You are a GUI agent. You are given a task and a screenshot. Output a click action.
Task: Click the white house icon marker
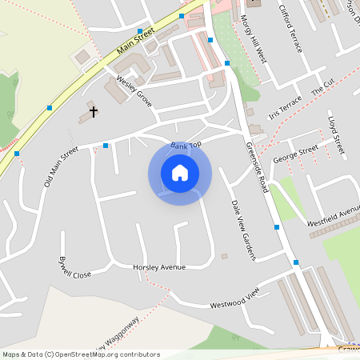[180, 172]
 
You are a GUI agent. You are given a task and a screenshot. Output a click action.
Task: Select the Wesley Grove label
[134, 92]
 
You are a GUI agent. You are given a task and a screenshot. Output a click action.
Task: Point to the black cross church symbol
[93, 111]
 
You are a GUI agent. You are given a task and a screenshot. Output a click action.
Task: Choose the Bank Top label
[186, 144]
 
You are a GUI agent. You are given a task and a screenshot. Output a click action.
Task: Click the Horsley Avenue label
[159, 266]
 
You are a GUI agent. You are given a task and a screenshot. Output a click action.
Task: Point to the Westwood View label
[235, 300]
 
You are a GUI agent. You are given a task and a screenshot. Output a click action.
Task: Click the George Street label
[295, 153]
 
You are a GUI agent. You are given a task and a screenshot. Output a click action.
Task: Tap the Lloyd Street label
[336, 134]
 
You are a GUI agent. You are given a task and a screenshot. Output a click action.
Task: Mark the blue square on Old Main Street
[106, 146]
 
